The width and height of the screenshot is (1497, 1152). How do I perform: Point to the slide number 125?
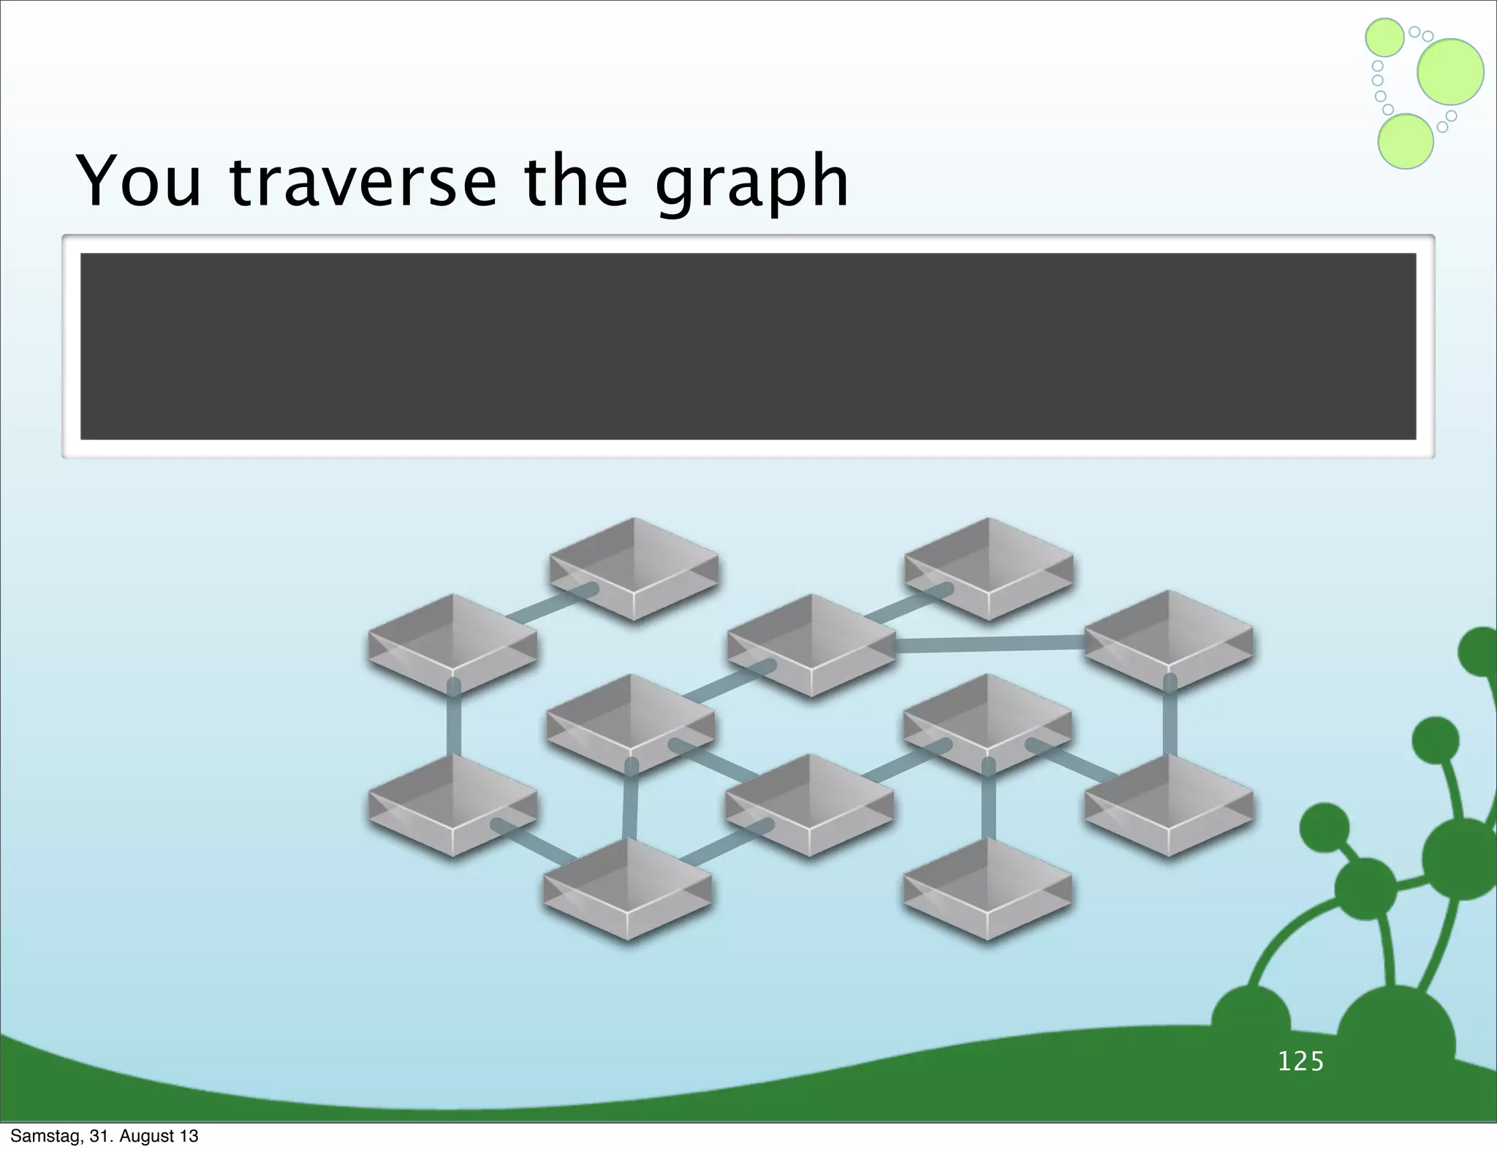pyautogui.click(x=1301, y=1061)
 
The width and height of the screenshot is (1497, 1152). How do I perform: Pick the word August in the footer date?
pyautogui.click(x=145, y=1136)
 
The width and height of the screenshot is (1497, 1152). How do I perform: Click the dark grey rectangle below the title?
pyautogui.click(x=748, y=346)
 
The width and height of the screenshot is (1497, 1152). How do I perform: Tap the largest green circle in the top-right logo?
pyautogui.click(x=1450, y=72)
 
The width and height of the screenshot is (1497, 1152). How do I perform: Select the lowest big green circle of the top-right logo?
pyautogui.click(x=1405, y=142)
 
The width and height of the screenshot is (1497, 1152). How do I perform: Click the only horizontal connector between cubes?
pyautogui.click(x=990, y=643)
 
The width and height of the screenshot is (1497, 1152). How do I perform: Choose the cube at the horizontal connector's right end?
pyautogui.click(x=1168, y=640)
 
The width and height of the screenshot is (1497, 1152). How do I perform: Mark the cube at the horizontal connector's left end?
pyautogui.click(x=811, y=643)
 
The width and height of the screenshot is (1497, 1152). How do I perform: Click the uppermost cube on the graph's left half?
pyautogui.click(x=634, y=568)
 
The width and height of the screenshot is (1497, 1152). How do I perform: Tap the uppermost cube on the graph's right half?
pyautogui.click(x=989, y=568)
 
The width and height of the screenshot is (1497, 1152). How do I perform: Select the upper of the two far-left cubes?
pyautogui.click(x=452, y=643)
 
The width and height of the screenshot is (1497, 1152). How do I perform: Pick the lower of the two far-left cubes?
pyautogui.click(x=452, y=804)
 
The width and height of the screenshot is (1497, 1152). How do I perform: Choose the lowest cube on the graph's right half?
pyautogui.click(x=988, y=887)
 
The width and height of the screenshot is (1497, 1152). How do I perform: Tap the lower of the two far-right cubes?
pyautogui.click(x=1168, y=804)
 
